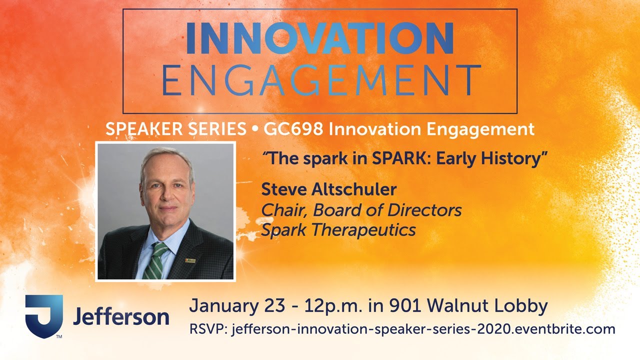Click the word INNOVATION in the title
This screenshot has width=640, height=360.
pos(320,38)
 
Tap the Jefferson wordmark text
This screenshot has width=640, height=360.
pos(121,317)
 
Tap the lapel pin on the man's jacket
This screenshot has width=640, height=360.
pos(190,260)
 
